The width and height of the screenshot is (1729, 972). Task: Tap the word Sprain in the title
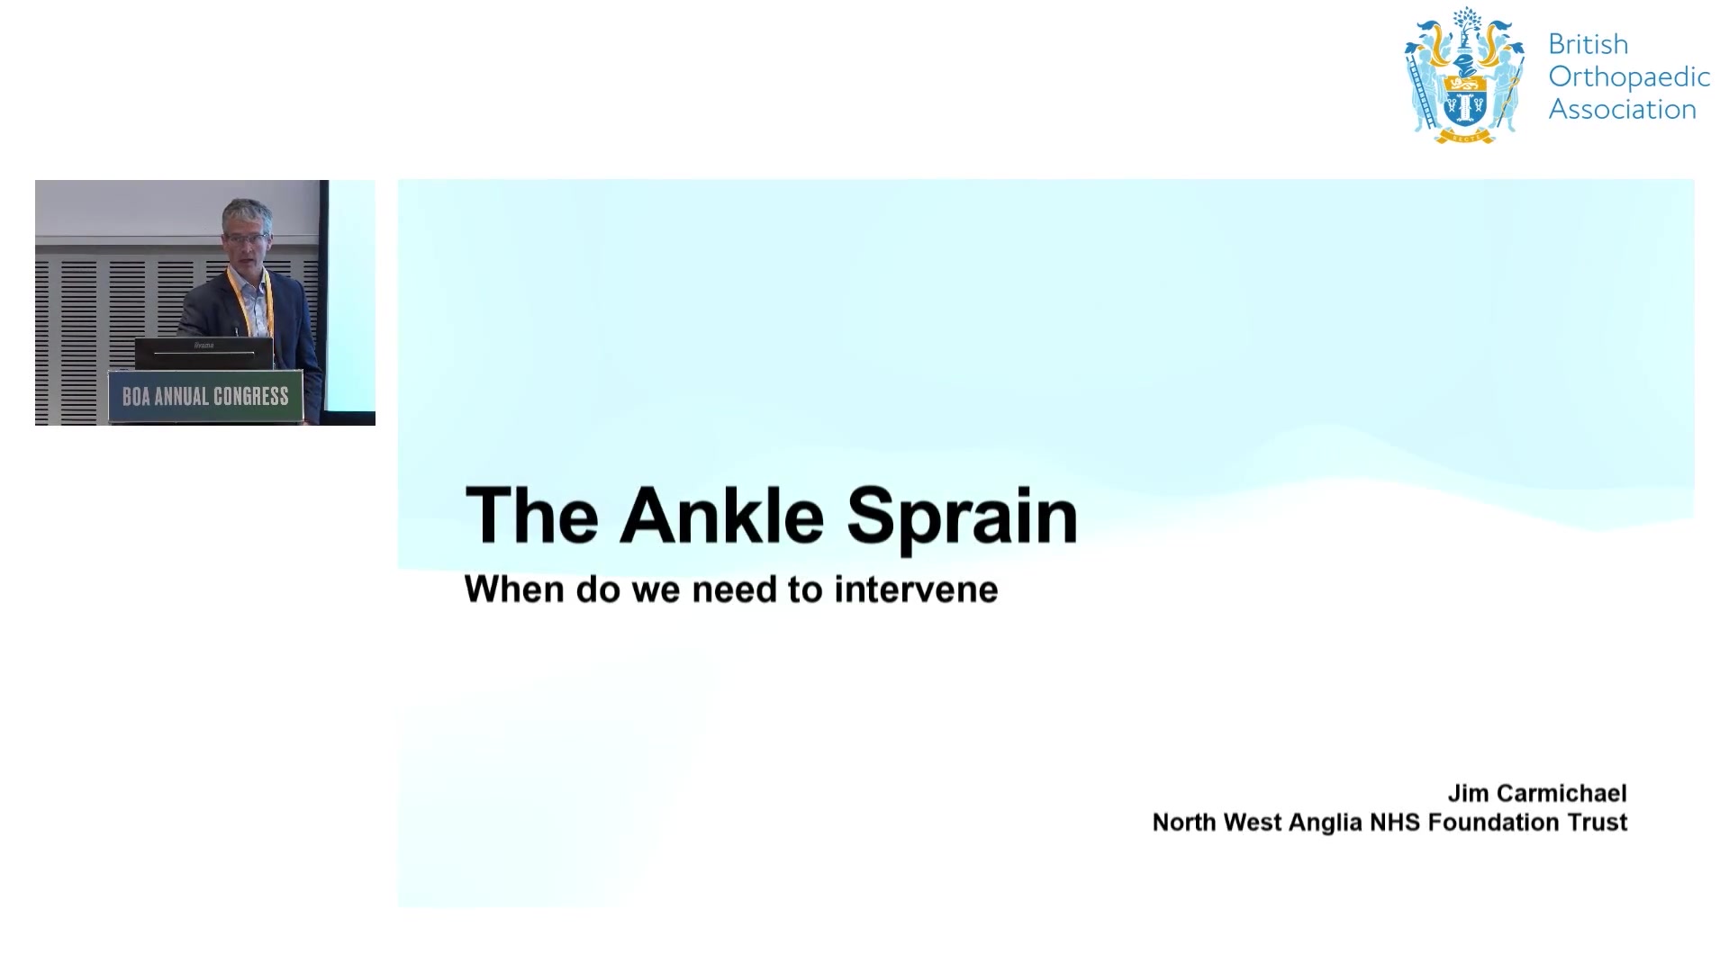tap(962, 517)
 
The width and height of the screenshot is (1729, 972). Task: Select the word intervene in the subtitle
tap(916, 589)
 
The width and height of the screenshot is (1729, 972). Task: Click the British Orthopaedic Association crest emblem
tap(1464, 76)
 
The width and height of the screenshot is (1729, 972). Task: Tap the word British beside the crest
tap(1589, 44)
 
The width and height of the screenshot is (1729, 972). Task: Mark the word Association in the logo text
tap(1623, 109)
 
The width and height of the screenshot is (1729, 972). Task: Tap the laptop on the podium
tap(204, 353)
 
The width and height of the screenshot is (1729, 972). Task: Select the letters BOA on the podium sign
tap(136, 397)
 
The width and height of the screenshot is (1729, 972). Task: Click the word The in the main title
tap(531, 515)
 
